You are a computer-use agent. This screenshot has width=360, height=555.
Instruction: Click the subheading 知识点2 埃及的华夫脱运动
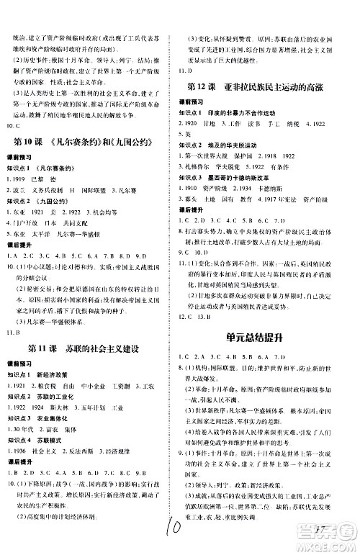[x=223, y=145]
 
